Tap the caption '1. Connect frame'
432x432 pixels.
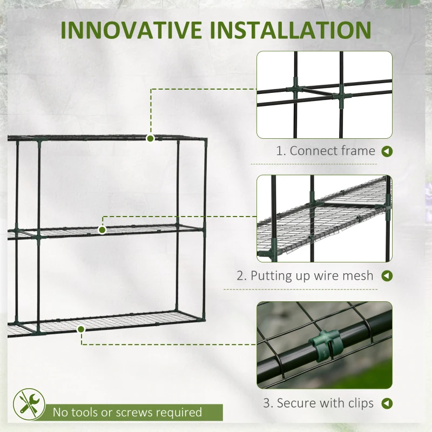tap(326, 151)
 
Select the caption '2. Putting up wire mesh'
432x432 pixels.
tap(305, 276)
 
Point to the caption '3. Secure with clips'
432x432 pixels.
tap(319, 403)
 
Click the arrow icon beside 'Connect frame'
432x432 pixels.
tap(387, 151)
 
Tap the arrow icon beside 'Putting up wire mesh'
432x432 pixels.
tap(387, 276)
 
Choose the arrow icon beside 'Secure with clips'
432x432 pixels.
tap(387, 403)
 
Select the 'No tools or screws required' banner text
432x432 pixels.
tap(127, 413)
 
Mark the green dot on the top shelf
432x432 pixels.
tap(150, 138)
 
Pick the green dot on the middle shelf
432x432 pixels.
tap(102, 230)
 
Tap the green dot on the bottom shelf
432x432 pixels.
tap(81, 328)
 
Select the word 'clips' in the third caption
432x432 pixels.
tap(359, 403)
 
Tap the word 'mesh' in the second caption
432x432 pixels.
tap(358, 276)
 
